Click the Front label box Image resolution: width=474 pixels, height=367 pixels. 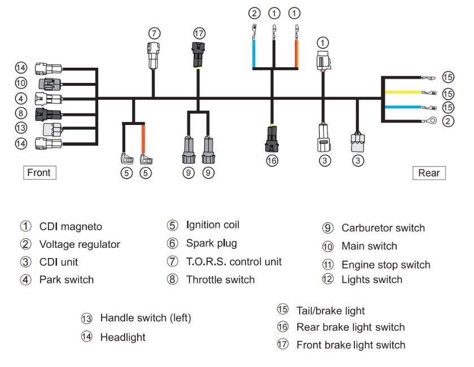click(x=38, y=173)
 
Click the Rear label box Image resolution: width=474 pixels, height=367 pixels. click(x=429, y=173)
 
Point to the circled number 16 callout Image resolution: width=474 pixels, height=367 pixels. click(x=272, y=161)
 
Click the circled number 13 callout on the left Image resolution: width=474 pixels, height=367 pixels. click(x=21, y=128)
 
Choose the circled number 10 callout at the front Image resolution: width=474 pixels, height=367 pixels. click(x=21, y=83)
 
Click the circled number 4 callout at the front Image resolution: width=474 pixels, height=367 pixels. click(x=21, y=98)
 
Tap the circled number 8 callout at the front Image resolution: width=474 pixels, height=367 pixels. click(x=21, y=113)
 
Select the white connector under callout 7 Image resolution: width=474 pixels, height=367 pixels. click(x=154, y=55)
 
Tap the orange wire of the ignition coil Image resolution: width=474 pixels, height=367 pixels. click(x=143, y=138)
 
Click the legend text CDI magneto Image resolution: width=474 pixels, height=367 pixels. click(x=71, y=226)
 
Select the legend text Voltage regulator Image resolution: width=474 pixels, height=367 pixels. click(x=80, y=244)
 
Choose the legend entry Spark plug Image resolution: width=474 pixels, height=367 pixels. click(x=212, y=243)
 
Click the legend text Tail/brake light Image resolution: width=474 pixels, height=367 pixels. click(x=330, y=311)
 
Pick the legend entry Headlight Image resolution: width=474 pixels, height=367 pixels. click(x=122, y=337)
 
